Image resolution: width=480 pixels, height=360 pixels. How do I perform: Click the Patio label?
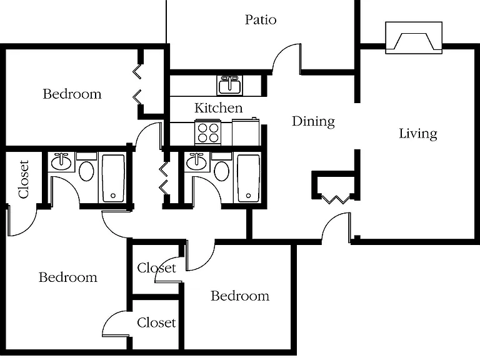[261, 19]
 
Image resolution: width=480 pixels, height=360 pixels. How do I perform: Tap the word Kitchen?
[219, 107]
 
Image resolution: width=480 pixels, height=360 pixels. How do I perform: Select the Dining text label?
[313, 121]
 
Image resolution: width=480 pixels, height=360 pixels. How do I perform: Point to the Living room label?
[418, 134]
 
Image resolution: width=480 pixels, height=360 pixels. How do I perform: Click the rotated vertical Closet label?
[24, 179]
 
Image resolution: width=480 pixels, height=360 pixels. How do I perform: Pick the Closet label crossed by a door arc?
[156, 268]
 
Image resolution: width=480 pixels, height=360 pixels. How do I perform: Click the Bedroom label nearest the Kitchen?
[72, 94]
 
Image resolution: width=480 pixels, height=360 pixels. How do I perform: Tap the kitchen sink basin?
[229, 86]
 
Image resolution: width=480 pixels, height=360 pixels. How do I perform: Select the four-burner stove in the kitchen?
[208, 133]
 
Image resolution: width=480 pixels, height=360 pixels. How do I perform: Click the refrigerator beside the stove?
[246, 132]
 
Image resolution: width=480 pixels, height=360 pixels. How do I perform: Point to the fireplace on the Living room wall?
[414, 37]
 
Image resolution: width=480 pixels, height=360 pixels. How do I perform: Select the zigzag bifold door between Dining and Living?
[336, 199]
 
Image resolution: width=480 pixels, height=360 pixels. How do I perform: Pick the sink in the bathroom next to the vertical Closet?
[61, 161]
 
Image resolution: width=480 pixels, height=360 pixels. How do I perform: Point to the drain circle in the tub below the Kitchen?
[248, 196]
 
